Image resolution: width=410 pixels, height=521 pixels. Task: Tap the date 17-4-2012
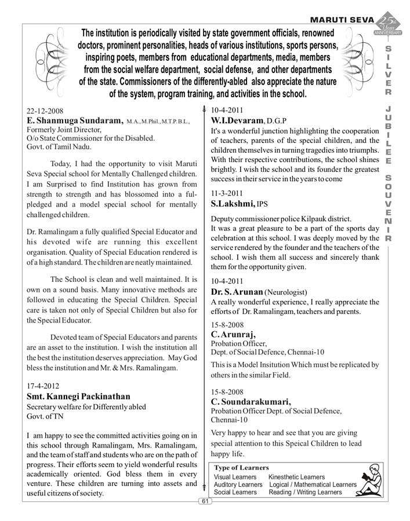click(x=43, y=385)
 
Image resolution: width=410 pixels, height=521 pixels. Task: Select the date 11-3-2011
click(x=227, y=193)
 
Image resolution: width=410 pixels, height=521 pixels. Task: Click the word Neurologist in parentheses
click(x=285, y=292)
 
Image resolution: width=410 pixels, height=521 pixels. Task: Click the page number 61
click(x=205, y=501)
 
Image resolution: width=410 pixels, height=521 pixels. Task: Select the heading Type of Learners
click(x=241, y=467)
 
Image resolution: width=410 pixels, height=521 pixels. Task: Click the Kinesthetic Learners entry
click(x=296, y=476)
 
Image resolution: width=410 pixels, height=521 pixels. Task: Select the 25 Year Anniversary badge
click(x=388, y=24)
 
